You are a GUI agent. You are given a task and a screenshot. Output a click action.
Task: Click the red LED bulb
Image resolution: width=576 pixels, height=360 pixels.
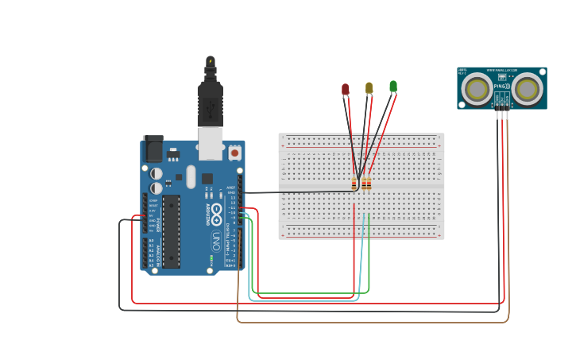(x=345, y=89)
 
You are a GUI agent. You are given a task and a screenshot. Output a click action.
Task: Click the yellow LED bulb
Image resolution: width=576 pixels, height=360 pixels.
(x=369, y=87)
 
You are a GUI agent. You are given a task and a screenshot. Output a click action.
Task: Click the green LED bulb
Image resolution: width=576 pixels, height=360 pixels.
(x=392, y=86)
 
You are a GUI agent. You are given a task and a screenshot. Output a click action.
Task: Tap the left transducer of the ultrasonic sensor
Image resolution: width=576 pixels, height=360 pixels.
(x=477, y=89)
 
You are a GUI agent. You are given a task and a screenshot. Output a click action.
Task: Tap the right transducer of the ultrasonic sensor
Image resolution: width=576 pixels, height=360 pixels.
(x=528, y=89)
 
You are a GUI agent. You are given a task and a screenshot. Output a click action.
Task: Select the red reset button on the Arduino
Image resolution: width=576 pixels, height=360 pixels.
(x=234, y=151)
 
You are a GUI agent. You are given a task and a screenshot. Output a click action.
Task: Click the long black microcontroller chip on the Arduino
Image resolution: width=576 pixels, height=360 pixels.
(x=172, y=230)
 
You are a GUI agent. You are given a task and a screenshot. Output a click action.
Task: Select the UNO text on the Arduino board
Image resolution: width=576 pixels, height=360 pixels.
(x=215, y=240)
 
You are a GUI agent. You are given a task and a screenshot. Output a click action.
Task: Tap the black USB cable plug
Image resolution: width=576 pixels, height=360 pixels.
(x=210, y=103)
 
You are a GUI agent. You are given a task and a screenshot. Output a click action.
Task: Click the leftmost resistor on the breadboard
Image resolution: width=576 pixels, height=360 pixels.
(x=354, y=184)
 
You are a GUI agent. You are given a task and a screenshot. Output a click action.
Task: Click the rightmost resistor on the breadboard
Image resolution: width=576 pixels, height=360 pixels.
(x=369, y=184)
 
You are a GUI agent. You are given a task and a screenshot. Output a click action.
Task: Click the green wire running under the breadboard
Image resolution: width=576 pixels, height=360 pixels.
(x=310, y=294)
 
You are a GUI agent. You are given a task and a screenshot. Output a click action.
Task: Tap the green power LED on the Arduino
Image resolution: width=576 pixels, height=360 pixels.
(x=211, y=257)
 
